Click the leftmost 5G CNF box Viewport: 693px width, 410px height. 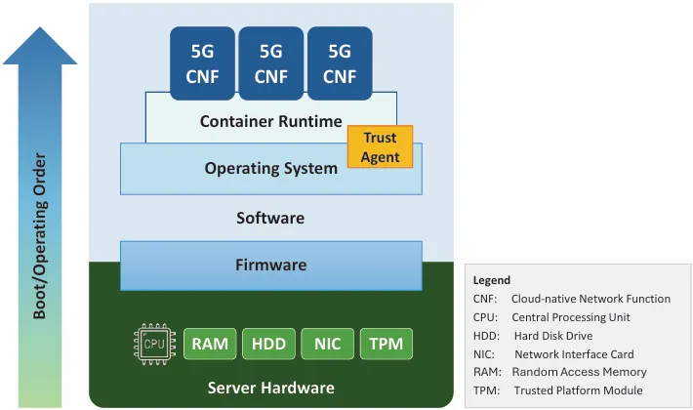click(203, 62)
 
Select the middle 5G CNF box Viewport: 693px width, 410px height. click(271, 62)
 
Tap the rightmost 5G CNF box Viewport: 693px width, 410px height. click(340, 62)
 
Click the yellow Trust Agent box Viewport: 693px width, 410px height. click(380, 146)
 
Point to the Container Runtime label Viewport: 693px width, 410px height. click(270, 122)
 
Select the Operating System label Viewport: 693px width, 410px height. click(270, 168)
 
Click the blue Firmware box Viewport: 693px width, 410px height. click(270, 265)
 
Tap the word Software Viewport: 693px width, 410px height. click(270, 218)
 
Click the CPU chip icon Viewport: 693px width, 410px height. click(154, 344)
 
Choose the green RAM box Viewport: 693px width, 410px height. click(210, 344)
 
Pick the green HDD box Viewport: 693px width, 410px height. click(268, 344)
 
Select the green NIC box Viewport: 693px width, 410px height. click(327, 344)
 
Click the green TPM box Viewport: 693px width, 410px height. click(387, 344)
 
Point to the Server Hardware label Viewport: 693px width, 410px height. click(270, 388)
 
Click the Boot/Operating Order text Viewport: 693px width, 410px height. click(40, 233)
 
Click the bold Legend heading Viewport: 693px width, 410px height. click(492, 280)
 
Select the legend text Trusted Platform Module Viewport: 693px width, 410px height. click(578, 390)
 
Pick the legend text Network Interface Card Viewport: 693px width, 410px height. click(574, 354)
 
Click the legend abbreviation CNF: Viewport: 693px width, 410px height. click(485, 299)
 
